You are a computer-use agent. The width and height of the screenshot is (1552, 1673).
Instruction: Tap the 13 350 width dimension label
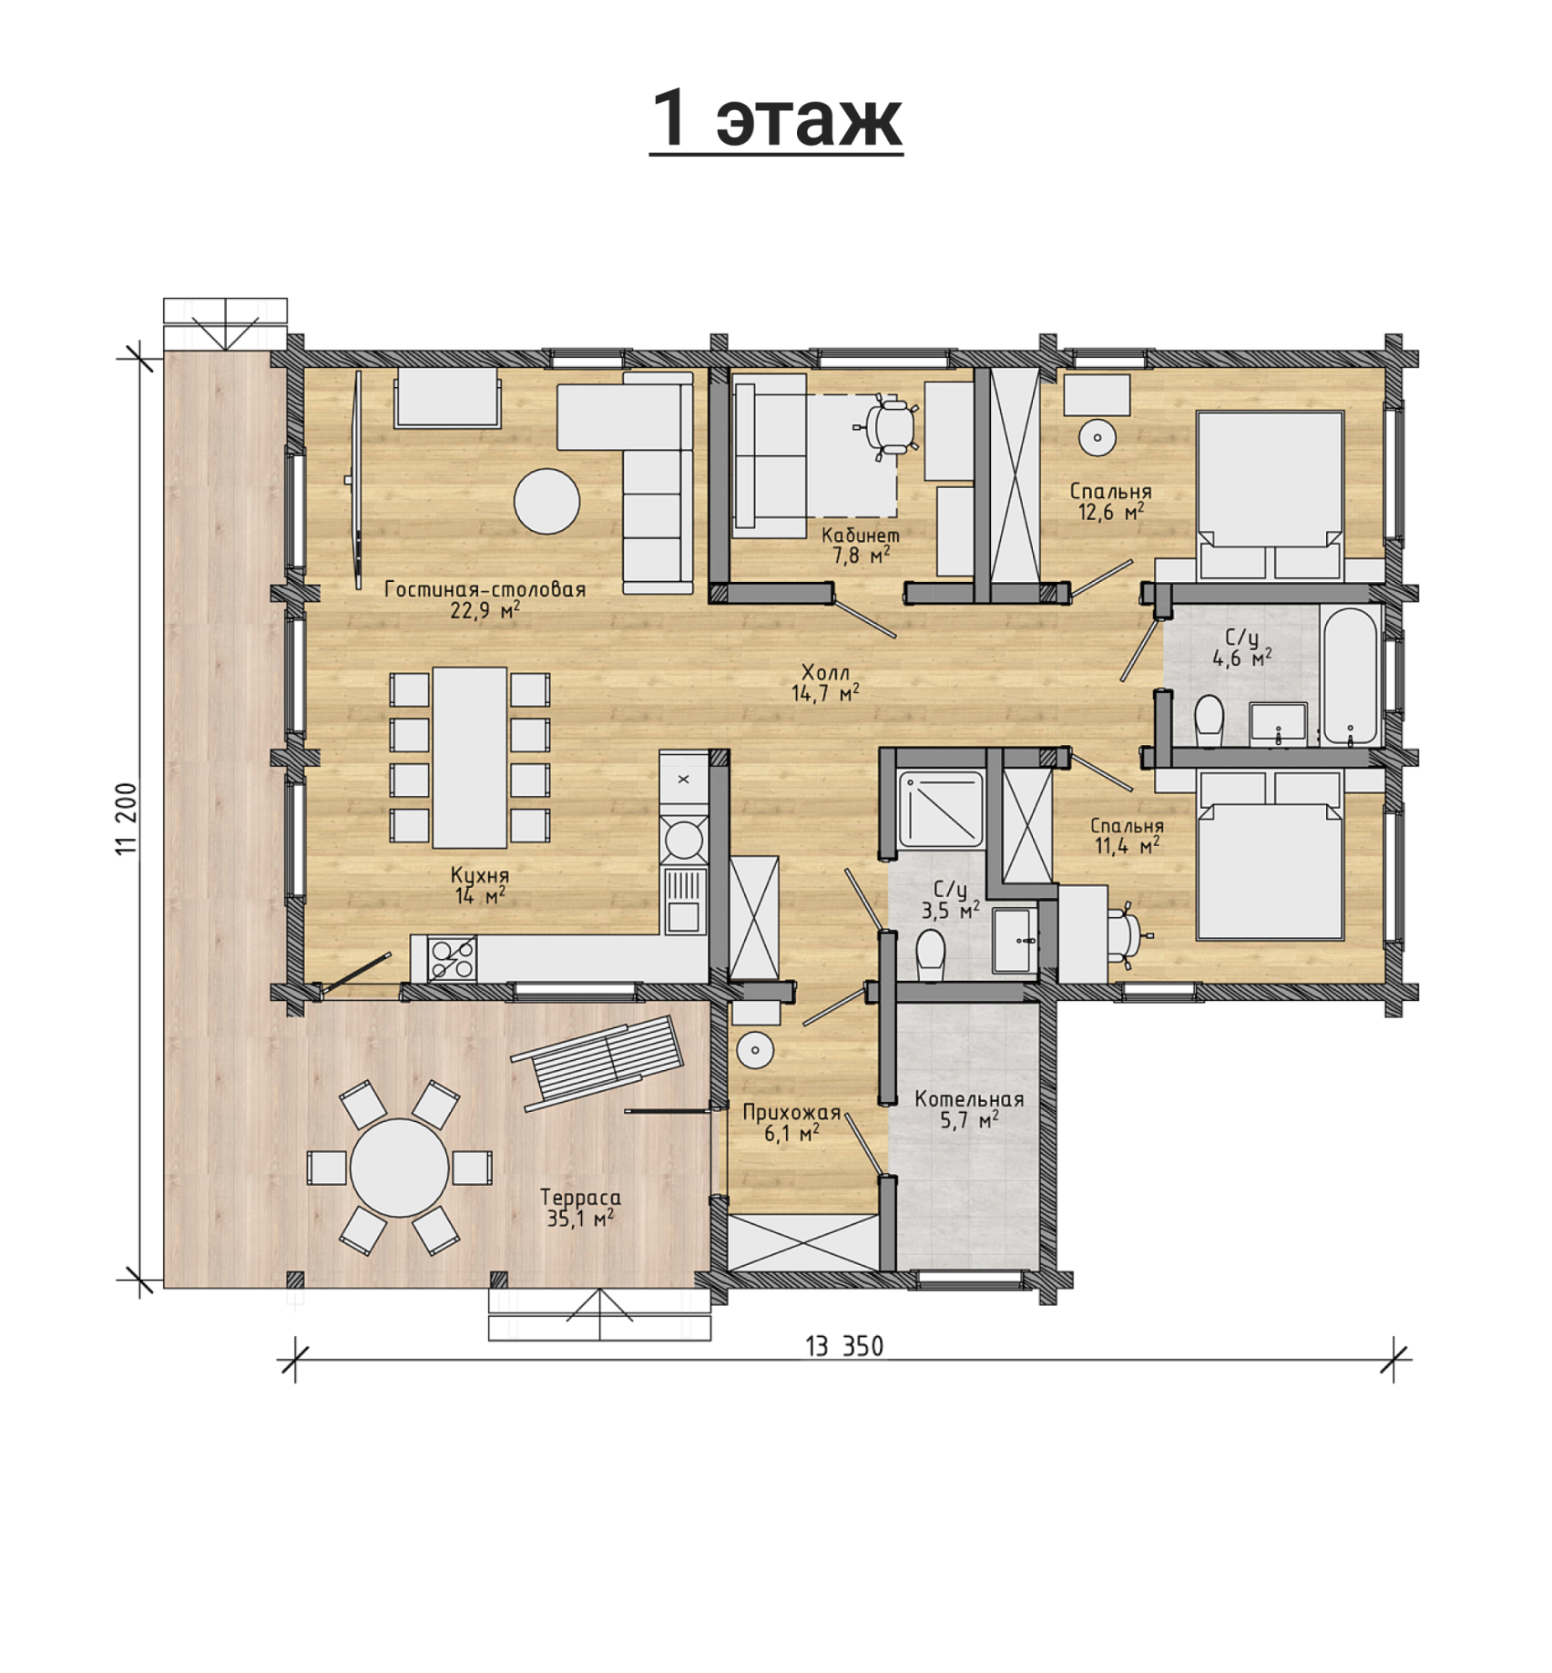(x=844, y=1346)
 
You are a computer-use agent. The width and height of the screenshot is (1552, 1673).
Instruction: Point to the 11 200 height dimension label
(x=127, y=818)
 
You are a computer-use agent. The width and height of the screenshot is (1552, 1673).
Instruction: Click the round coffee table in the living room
(x=546, y=501)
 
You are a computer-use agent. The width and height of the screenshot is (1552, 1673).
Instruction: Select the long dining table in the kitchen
(x=470, y=758)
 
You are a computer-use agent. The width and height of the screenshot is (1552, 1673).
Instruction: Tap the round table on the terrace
(x=400, y=1168)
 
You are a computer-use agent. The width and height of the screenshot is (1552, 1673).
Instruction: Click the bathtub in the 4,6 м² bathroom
(x=1350, y=675)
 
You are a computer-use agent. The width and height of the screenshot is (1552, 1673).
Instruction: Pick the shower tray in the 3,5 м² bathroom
(x=941, y=810)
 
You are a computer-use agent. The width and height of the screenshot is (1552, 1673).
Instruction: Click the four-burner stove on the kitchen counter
(x=452, y=959)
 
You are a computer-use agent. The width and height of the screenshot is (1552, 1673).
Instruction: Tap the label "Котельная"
(x=969, y=1099)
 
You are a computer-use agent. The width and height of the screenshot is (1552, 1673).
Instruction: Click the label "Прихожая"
(x=791, y=1112)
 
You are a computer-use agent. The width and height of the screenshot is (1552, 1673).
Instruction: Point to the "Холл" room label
(x=825, y=672)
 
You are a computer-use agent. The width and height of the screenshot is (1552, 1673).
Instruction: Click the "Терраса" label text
(x=580, y=1198)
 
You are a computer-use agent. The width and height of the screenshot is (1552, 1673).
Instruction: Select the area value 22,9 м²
(x=485, y=609)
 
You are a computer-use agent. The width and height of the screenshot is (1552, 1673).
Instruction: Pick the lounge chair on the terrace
(x=597, y=1062)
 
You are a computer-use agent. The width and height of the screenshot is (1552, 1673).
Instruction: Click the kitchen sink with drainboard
(x=684, y=901)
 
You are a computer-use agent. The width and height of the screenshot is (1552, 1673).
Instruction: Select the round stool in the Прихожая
(x=755, y=1050)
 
